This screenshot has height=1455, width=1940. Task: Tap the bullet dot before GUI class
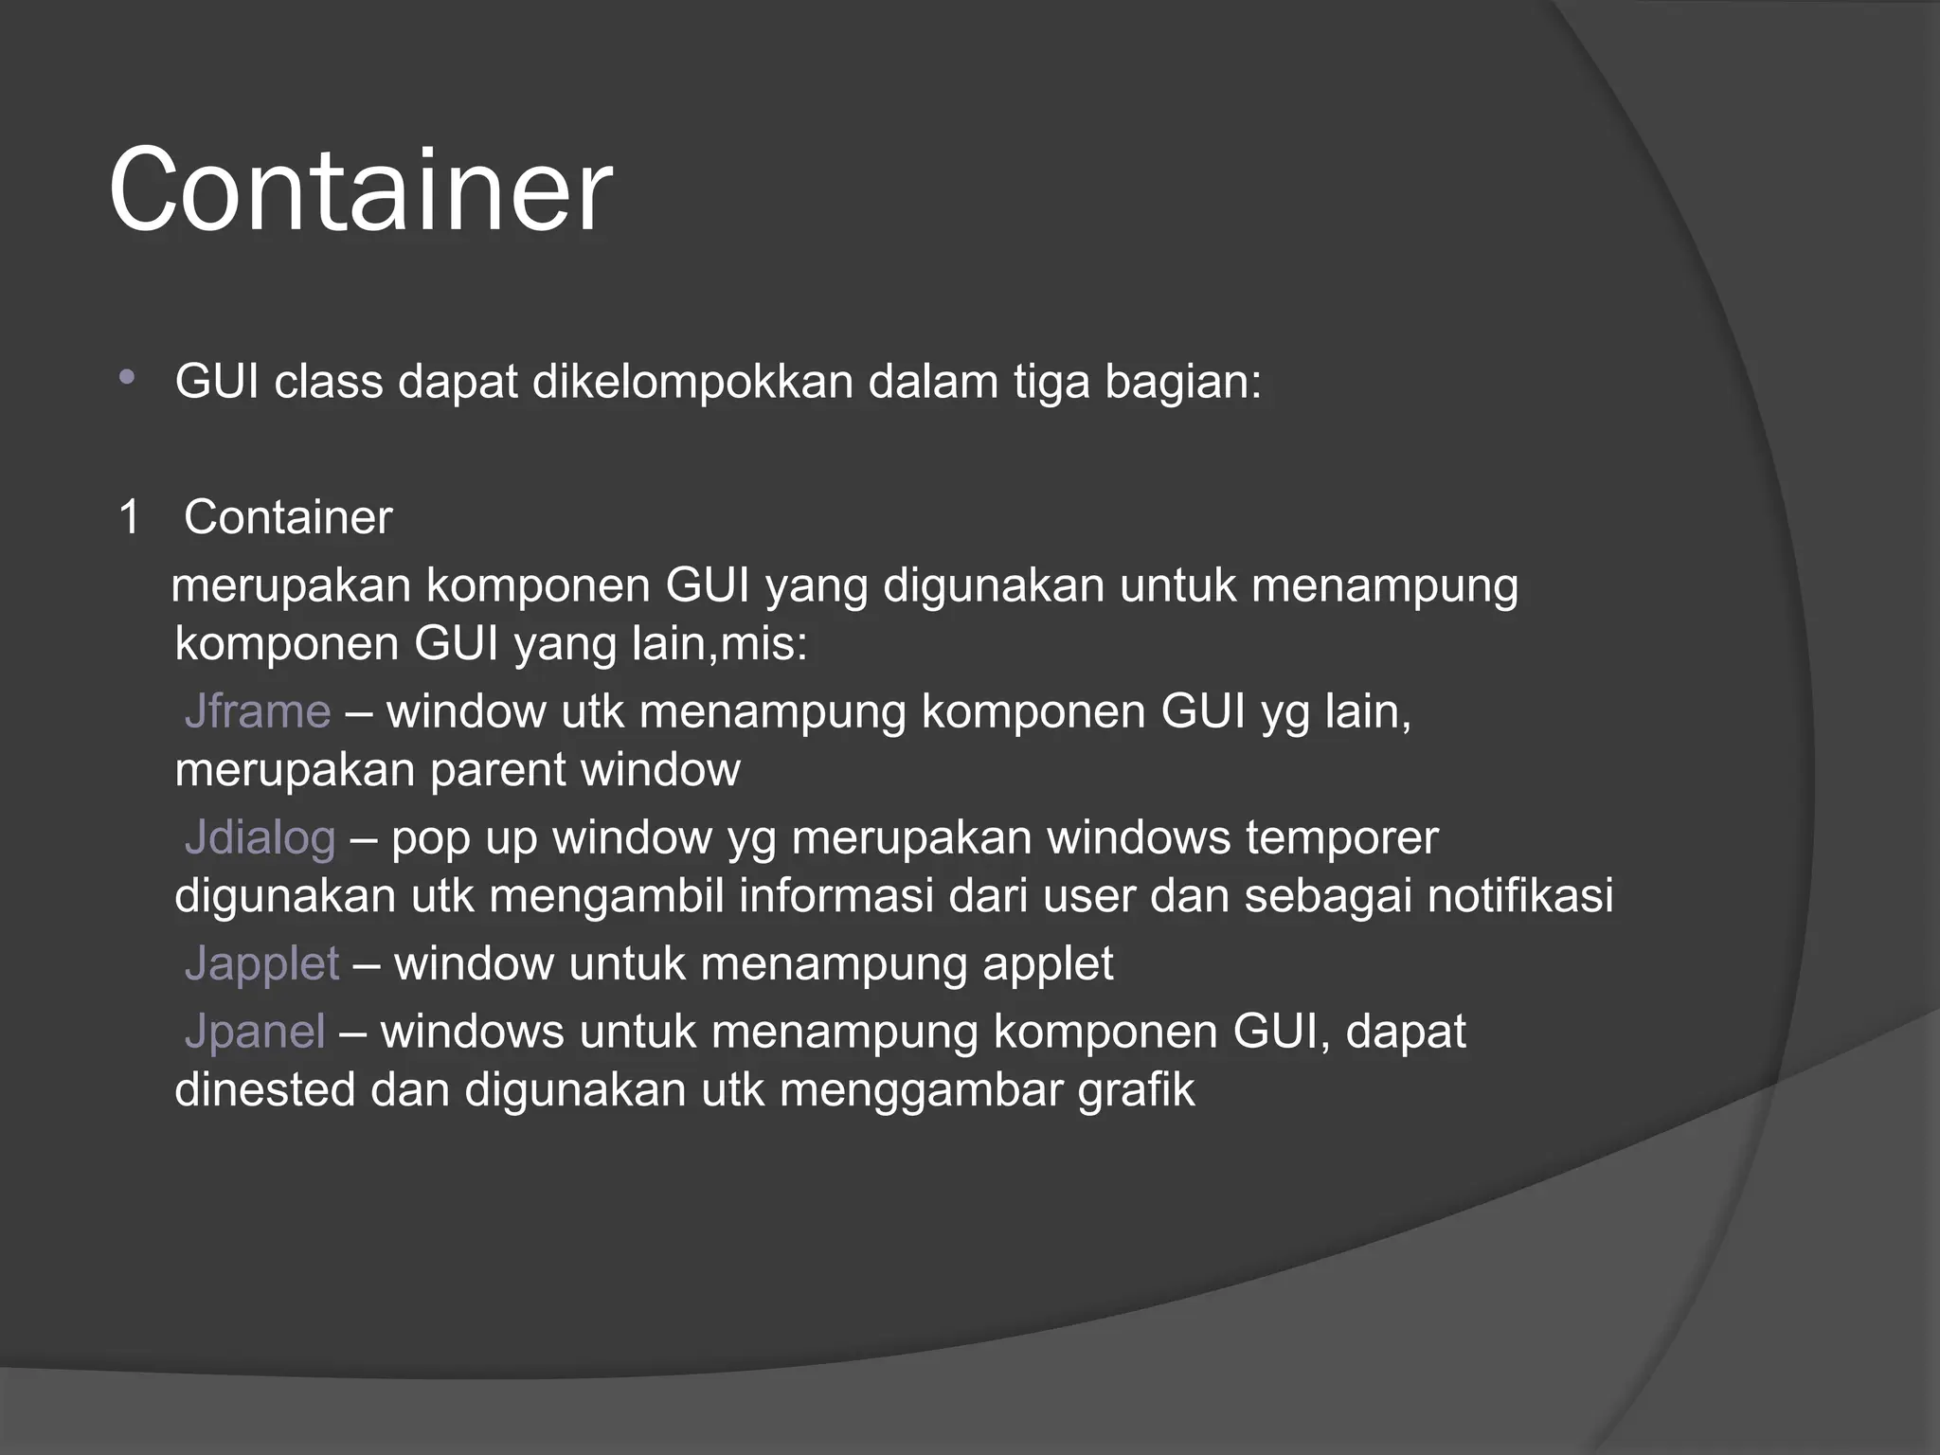click(x=127, y=379)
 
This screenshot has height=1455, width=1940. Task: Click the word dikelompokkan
click(x=692, y=383)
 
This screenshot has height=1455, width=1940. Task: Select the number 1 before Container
click(x=130, y=518)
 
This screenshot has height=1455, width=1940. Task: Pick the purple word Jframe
click(x=258, y=711)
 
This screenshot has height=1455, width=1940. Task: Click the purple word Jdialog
click(x=260, y=838)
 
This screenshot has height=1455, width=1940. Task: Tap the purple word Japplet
click(x=261, y=964)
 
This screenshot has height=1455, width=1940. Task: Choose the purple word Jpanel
click(x=255, y=1032)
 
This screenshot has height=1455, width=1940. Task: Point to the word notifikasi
click(x=1520, y=896)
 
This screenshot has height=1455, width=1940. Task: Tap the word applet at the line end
click(x=1048, y=964)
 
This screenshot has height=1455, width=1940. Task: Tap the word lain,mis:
click(x=720, y=645)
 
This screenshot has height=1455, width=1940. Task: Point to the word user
click(x=1089, y=896)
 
